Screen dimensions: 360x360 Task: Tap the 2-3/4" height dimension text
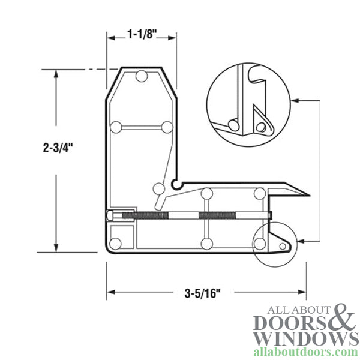[x=56, y=147]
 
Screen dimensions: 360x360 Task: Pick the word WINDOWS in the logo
[x=306, y=338]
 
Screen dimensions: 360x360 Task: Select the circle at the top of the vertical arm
[x=142, y=76]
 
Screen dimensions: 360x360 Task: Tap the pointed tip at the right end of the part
[x=307, y=195]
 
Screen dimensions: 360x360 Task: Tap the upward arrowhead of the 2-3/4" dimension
[x=56, y=73]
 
